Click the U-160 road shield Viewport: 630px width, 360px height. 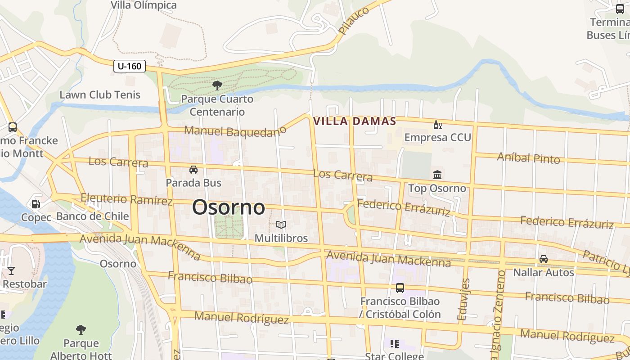pyautogui.click(x=129, y=66)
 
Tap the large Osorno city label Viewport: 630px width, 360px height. pyautogui.click(x=229, y=207)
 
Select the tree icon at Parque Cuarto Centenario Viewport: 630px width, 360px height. pyautogui.click(x=217, y=85)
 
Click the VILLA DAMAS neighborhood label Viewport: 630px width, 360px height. pyautogui.click(x=355, y=121)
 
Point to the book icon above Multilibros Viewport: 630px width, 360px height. pyautogui.click(x=281, y=225)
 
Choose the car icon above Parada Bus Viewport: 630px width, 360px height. pyautogui.click(x=193, y=170)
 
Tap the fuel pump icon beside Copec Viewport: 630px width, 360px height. pyautogui.click(x=36, y=204)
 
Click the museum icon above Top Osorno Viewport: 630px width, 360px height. pyautogui.click(x=437, y=175)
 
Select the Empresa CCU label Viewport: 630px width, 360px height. pyautogui.click(x=437, y=137)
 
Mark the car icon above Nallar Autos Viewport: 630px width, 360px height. pyautogui.click(x=544, y=259)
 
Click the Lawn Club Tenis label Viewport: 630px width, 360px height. pyautogui.click(x=100, y=95)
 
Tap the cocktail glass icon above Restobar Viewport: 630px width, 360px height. pyautogui.click(x=11, y=270)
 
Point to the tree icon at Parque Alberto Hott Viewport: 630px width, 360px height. pyautogui.click(x=81, y=330)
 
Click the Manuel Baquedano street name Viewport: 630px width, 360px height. pyautogui.click(x=235, y=131)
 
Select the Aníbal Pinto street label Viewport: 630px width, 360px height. pyautogui.click(x=528, y=157)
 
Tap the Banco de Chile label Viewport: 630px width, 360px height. pyautogui.click(x=92, y=216)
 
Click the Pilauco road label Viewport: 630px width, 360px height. pyautogui.click(x=354, y=21)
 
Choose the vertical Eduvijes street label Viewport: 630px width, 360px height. pyautogui.click(x=463, y=299)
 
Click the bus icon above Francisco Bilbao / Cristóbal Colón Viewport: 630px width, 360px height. pyautogui.click(x=400, y=288)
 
